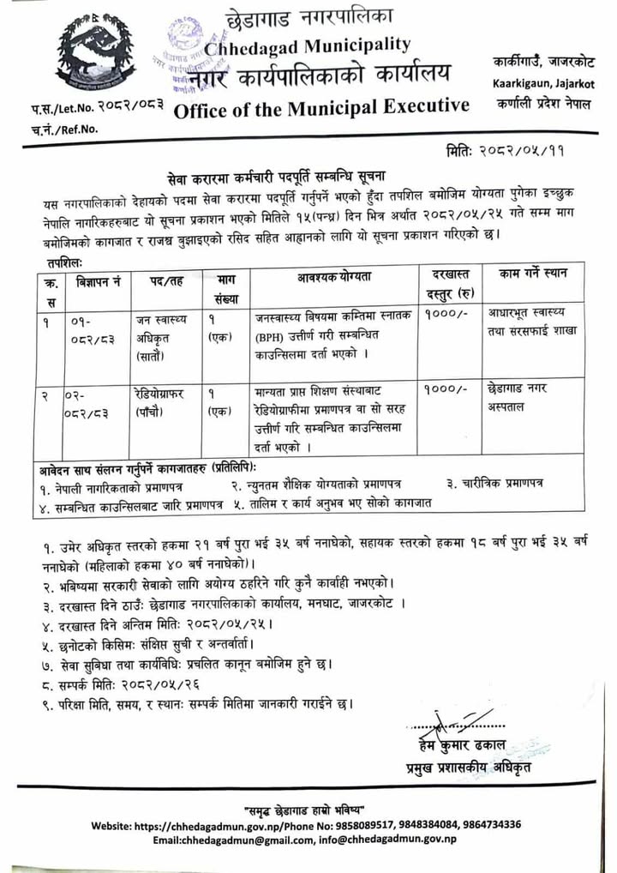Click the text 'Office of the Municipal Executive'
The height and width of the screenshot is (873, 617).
(321, 106)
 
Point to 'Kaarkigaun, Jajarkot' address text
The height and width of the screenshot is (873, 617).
(543, 83)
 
